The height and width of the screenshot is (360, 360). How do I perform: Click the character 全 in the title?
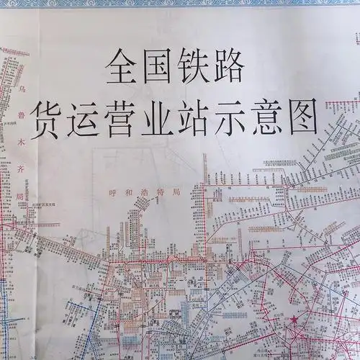tap(122, 68)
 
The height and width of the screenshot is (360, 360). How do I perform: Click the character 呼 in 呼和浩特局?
tap(111, 193)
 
